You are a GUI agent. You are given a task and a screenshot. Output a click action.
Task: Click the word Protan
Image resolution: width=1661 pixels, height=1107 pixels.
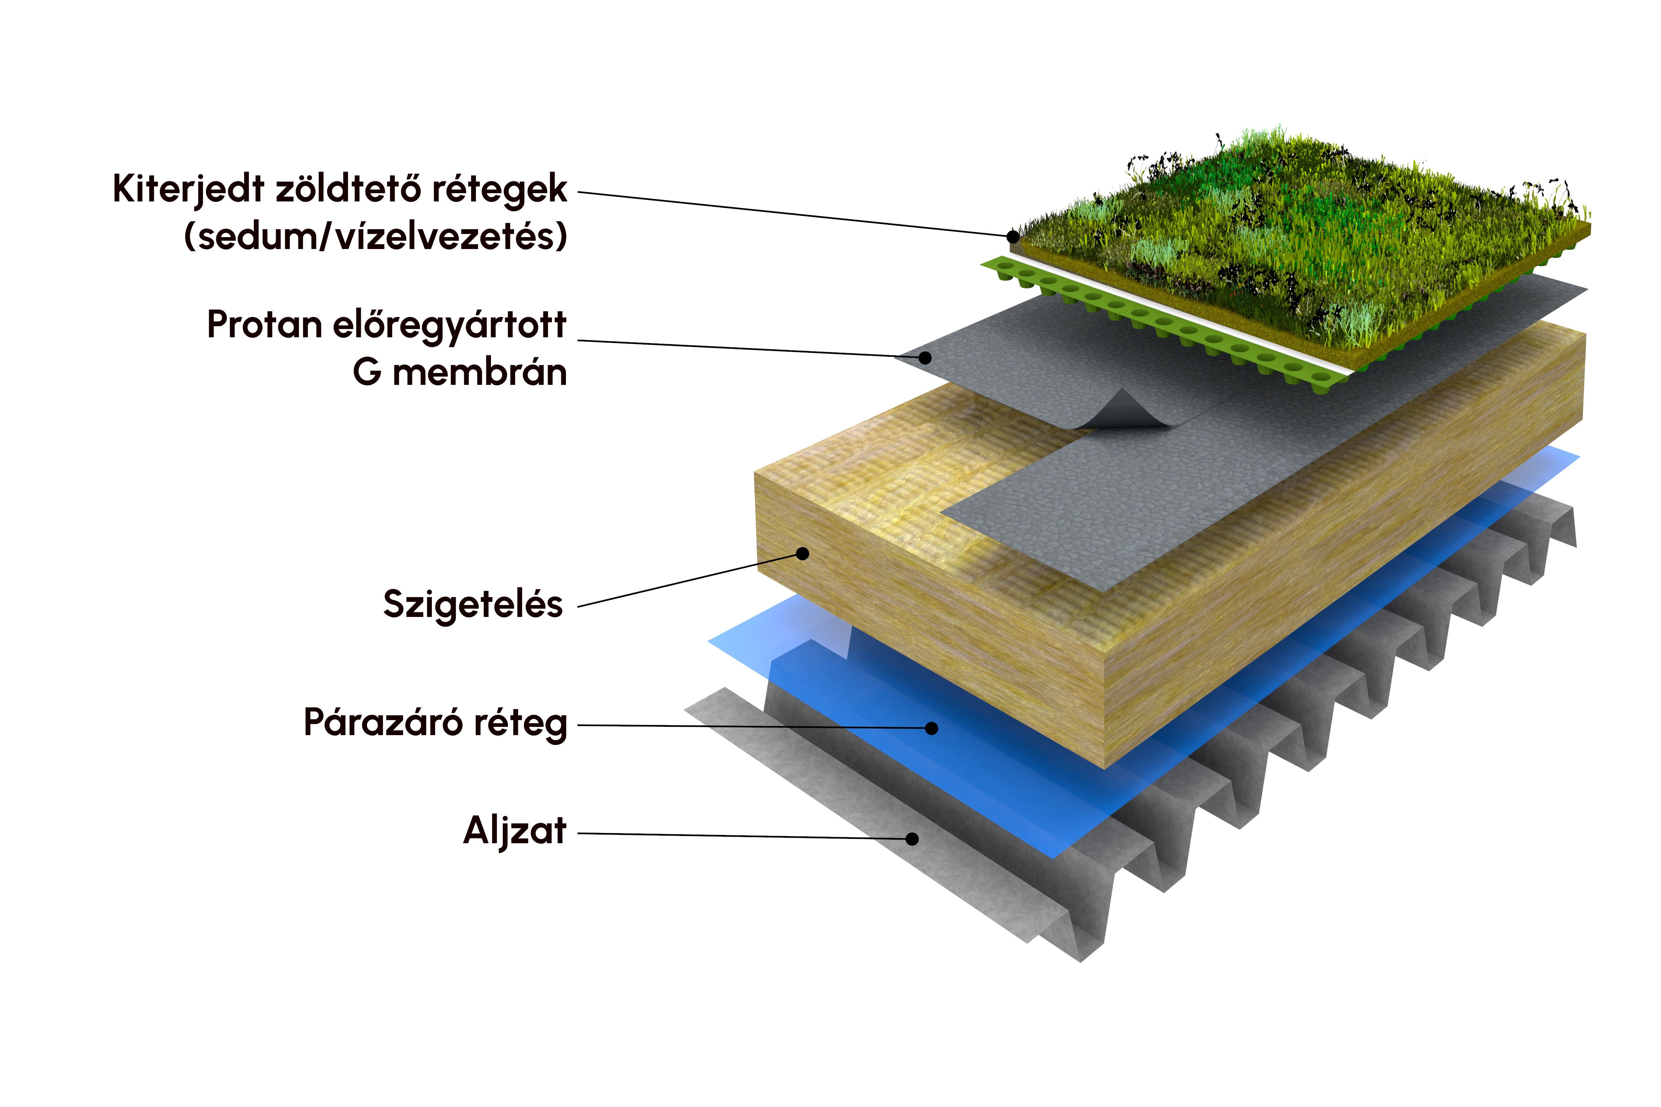(x=265, y=325)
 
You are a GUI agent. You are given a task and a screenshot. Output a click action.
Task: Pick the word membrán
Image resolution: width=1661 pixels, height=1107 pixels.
(x=479, y=372)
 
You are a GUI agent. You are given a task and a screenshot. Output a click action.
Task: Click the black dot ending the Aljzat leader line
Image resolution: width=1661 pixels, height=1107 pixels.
(x=912, y=839)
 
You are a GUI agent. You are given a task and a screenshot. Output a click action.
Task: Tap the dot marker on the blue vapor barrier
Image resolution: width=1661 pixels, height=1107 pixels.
(x=932, y=728)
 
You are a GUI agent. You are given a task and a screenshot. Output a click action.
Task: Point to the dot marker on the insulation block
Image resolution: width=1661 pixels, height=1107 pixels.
(x=802, y=553)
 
